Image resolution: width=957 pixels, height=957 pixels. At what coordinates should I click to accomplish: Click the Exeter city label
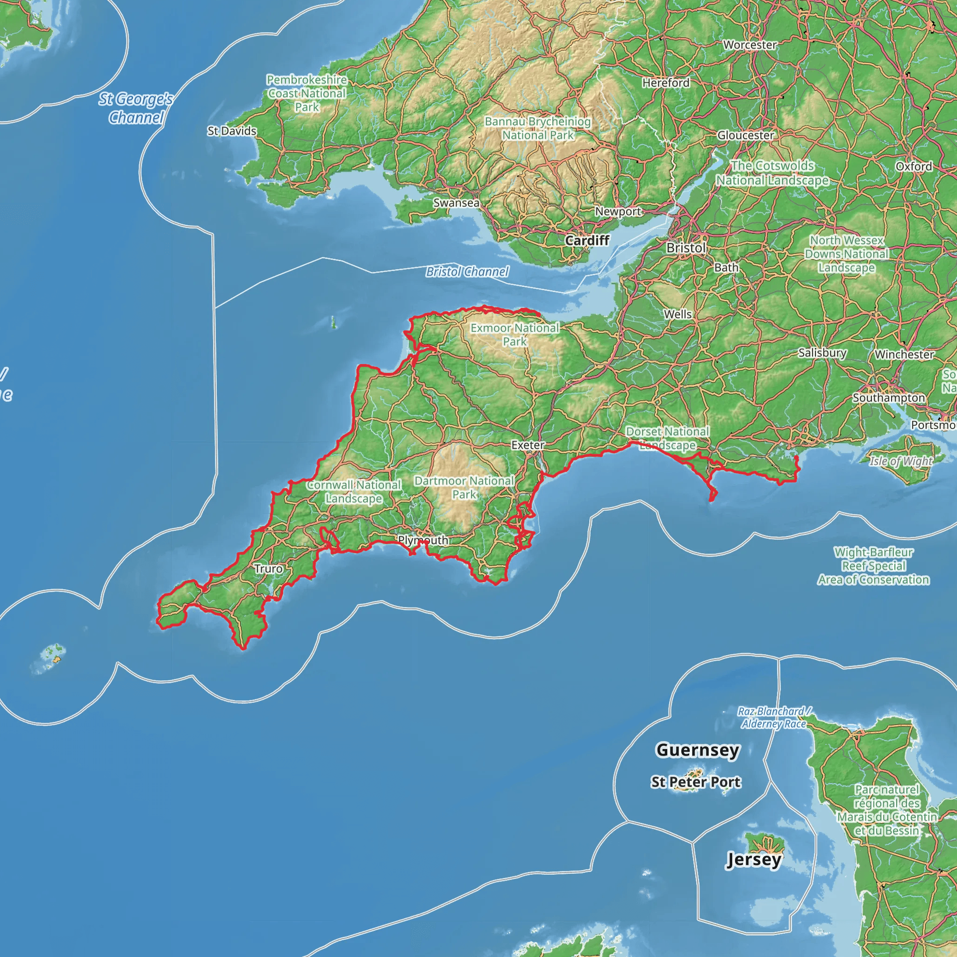[528, 445]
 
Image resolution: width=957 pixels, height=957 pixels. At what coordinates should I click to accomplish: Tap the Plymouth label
[423, 540]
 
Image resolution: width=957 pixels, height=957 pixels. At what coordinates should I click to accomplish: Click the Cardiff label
[587, 240]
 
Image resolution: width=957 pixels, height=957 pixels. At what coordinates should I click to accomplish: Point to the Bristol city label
[686, 248]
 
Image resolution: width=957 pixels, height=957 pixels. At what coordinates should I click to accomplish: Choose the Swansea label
[456, 203]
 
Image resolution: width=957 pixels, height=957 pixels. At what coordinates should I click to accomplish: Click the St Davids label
[232, 131]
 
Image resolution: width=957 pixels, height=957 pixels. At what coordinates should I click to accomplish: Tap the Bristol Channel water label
[467, 271]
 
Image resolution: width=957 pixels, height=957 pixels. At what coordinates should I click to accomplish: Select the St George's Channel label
[135, 108]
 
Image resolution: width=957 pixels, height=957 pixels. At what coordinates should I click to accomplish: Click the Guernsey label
[698, 750]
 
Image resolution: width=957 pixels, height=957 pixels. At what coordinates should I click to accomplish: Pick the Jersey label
[753, 859]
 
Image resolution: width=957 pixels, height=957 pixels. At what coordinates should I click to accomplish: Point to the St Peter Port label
[695, 782]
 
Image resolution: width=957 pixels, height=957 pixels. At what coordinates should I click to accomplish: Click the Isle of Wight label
[901, 461]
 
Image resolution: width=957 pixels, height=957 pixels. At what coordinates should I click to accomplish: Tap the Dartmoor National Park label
[464, 487]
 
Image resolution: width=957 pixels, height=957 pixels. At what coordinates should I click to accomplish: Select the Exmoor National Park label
[514, 335]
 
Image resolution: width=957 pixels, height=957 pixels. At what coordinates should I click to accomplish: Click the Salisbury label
[822, 353]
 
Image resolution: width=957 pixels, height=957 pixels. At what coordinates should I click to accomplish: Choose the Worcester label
[750, 44]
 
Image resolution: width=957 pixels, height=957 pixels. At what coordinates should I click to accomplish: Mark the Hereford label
[666, 83]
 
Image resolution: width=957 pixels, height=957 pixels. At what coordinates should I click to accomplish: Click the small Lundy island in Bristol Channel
[333, 322]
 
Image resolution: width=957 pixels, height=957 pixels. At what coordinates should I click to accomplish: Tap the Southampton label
[889, 398]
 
